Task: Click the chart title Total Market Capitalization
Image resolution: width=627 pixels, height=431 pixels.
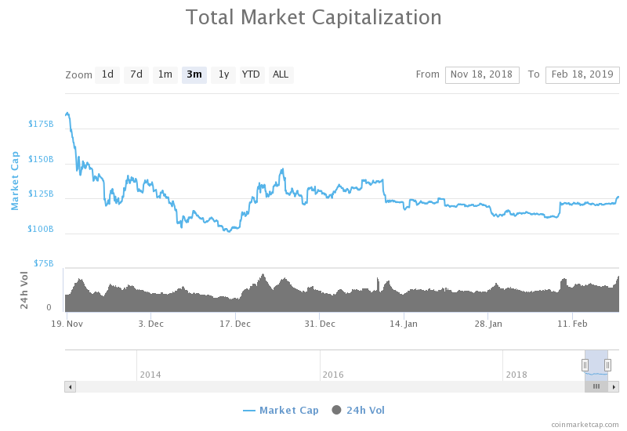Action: point(313,17)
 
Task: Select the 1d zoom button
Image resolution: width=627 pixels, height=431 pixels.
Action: point(107,74)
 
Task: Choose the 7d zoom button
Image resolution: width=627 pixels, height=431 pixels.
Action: point(136,74)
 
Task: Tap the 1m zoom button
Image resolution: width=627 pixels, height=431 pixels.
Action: point(165,74)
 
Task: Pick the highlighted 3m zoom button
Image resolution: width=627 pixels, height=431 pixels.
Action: point(194,74)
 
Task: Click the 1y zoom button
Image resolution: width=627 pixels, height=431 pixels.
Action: point(223,74)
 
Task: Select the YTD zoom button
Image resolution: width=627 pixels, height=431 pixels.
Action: point(251,74)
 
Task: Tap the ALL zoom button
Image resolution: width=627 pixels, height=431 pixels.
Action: point(281,74)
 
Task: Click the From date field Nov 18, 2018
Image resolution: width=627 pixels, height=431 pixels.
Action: point(482,74)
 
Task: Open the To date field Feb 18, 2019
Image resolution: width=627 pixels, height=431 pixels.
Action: point(582,74)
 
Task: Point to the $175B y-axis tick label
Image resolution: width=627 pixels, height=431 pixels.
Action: point(41,124)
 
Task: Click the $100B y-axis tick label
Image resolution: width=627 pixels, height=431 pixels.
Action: point(41,229)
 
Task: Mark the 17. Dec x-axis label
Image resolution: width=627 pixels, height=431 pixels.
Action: point(235,323)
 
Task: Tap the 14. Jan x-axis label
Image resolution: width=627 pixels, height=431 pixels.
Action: point(403,323)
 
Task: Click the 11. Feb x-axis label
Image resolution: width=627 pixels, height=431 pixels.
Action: point(572,323)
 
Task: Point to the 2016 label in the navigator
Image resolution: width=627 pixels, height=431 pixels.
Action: point(333,375)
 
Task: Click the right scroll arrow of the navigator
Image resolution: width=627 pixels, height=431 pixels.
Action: point(614,386)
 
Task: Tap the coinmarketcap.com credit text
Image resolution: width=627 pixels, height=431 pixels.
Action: point(585,424)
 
